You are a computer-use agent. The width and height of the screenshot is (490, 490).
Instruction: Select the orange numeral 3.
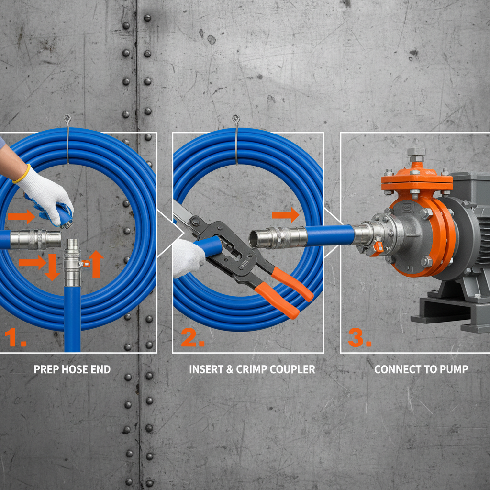pos(359,338)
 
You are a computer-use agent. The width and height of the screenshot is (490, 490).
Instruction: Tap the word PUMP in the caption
pos(455,369)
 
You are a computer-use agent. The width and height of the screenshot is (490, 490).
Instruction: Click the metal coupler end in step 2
pos(278,237)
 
